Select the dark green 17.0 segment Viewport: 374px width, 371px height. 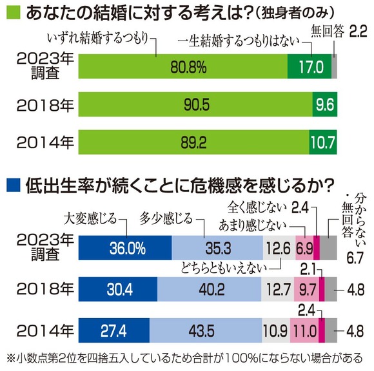[x=309, y=66]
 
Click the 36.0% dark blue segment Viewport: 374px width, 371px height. [x=124, y=247]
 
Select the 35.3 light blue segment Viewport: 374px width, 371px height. [x=217, y=247]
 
